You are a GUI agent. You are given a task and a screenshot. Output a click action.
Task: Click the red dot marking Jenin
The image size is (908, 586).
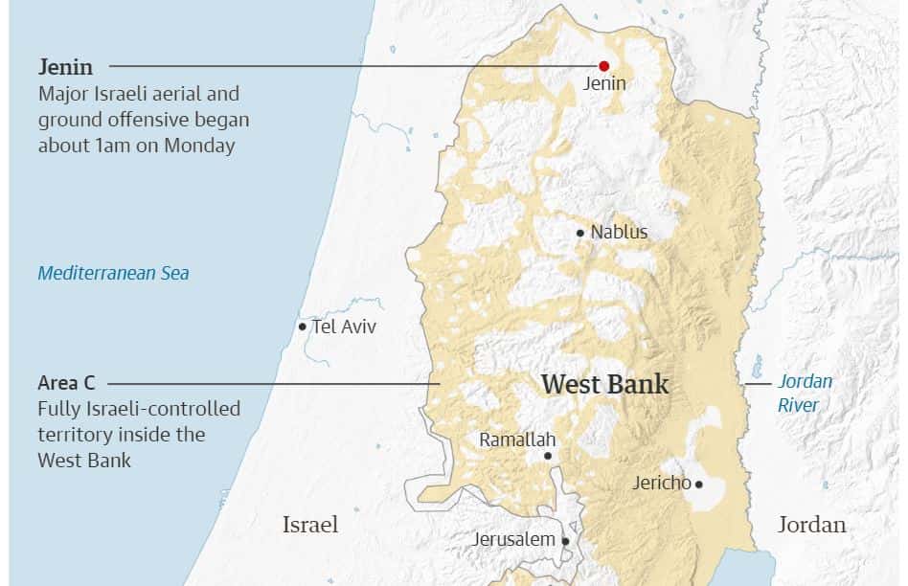click(x=603, y=66)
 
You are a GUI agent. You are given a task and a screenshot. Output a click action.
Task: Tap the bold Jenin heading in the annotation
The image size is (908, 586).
click(x=66, y=67)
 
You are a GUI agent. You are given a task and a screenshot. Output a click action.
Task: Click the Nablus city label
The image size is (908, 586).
click(x=619, y=232)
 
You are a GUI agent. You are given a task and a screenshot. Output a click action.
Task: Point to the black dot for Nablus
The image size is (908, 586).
click(x=580, y=233)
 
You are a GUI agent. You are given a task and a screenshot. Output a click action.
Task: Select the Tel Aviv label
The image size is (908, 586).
click(x=344, y=327)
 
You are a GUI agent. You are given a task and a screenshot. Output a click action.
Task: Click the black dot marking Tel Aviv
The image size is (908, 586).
click(x=303, y=327)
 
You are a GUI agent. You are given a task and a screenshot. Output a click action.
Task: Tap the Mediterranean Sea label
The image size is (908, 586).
click(x=113, y=273)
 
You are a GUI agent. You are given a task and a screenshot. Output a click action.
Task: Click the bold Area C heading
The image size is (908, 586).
click(x=66, y=383)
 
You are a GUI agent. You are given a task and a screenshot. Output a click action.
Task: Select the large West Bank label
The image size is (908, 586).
click(x=604, y=385)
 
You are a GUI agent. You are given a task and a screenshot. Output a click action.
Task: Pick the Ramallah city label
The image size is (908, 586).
click(x=517, y=439)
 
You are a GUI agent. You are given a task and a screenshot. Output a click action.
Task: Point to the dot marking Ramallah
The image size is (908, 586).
click(x=548, y=456)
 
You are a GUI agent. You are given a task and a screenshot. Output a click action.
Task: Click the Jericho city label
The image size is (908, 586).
click(x=661, y=483)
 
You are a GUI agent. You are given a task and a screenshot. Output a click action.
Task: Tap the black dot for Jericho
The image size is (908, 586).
click(x=699, y=485)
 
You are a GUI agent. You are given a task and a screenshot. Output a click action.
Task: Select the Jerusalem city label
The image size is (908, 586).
click(x=513, y=539)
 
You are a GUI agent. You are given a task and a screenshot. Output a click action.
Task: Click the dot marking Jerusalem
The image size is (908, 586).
click(x=565, y=541)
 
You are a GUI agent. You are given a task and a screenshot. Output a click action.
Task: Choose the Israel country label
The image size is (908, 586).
click(x=309, y=525)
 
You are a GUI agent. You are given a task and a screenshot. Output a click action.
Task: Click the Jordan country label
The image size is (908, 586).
click(x=811, y=525)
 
